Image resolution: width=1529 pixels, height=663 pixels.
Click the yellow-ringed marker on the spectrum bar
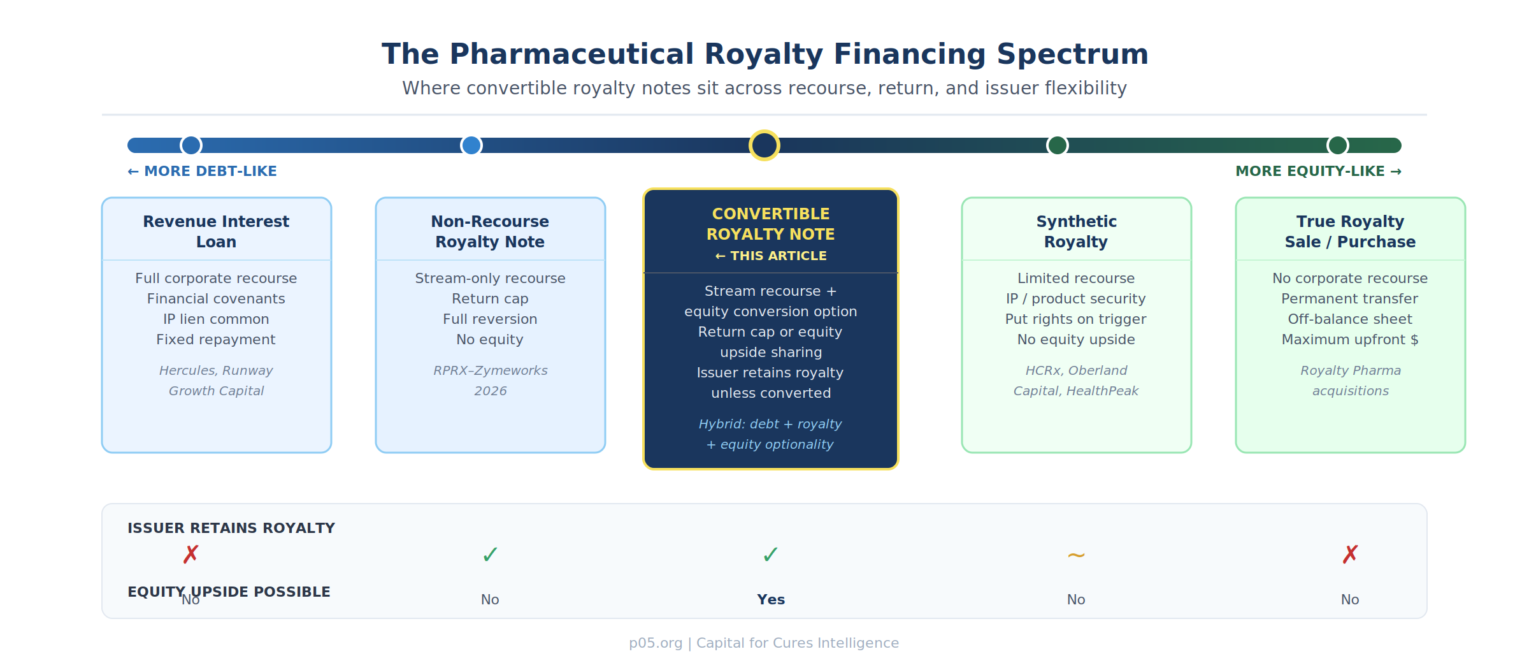(764, 145)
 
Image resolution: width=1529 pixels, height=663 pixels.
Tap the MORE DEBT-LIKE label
(202, 171)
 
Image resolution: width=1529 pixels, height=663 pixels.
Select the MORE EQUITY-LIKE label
(1318, 171)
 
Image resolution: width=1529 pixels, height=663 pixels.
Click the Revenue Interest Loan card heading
(216, 231)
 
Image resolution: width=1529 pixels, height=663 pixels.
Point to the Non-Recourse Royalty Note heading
(490, 231)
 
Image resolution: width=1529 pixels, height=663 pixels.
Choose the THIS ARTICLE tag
(771, 256)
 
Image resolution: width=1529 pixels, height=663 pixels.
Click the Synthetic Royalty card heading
(1076, 231)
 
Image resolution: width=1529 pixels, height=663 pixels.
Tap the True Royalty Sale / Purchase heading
(1350, 231)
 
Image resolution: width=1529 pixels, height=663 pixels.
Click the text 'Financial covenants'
(216, 298)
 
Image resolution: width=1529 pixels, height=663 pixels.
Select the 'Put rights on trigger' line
(1076, 319)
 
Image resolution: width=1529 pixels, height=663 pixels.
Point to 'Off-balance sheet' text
(1350, 319)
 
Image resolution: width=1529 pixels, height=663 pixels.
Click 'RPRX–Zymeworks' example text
(491, 370)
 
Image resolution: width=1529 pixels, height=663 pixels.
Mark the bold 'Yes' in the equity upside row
(771, 599)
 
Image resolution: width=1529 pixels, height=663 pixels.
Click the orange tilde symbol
(1076, 555)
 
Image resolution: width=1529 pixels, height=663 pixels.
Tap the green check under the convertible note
(770, 555)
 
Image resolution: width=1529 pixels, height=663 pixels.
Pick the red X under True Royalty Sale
(1350, 555)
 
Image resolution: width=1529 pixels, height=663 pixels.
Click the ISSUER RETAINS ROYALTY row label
(231, 528)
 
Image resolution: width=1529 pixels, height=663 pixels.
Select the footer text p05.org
(656, 643)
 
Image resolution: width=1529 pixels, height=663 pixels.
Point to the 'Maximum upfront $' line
(1350, 339)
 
